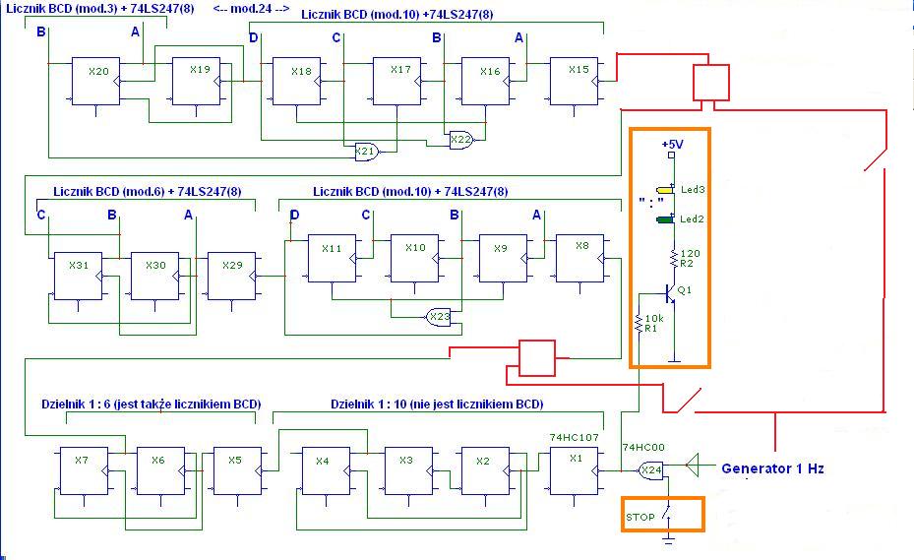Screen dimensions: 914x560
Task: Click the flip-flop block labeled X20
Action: [x=95, y=81]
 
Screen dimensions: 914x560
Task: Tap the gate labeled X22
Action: [x=461, y=140]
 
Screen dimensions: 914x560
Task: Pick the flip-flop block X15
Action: [x=575, y=81]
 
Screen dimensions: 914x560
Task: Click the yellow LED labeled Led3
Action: [x=665, y=190]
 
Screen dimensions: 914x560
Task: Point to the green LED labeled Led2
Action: [x=665, y=219]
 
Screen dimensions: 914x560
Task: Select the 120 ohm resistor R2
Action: [x=674, y=258]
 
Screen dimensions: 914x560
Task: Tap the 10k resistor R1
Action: [x=639, y=323]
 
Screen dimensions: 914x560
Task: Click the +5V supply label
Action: [x=672, y=144]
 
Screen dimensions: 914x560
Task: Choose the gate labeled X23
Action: [x=439, y=317]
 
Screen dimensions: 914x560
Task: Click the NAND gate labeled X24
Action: [x=651, y=470]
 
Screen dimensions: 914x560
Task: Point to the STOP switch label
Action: [x=640, y=517]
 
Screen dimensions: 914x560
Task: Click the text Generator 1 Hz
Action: [x=772, y=468]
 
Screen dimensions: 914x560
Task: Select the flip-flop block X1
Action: [x=575, y=471]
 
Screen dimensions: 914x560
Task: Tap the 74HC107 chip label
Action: [x=574, y=437]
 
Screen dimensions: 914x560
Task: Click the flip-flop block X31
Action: [x=78, y=277]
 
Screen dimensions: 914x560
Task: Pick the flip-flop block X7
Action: [x=84, y=471]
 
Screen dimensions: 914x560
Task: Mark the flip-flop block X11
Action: [x=332, y=259]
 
